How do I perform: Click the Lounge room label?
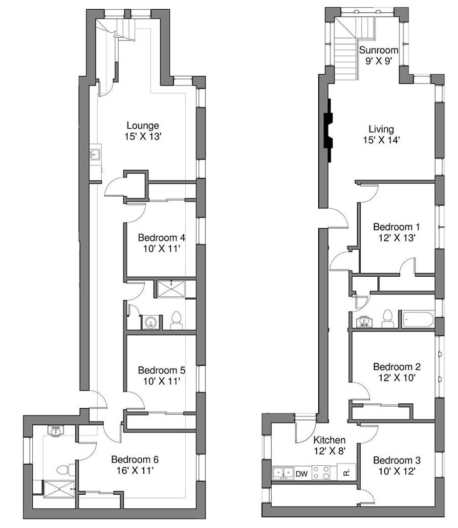(x=143, y=126)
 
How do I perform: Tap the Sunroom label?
(x=378, y=50)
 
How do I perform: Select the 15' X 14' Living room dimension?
(x=381, y=140)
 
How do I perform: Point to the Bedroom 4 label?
(x=162, y=238)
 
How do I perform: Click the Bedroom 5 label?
(x=162, y=371)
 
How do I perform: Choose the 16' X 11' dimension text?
(x=135, y=470)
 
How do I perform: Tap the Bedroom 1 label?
(x=397, y=227)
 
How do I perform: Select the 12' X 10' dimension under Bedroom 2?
(x=397, y=377)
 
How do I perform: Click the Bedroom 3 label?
(x=397, y=461)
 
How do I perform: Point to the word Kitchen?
(x=329, y=440)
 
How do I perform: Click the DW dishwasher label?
(x=302, y=474)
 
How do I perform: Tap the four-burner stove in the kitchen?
(x=321, y=472)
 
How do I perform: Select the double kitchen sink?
(x=283, y=472)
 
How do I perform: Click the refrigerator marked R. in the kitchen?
(x=347, y=472)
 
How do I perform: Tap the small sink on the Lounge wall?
(x=95, y=154)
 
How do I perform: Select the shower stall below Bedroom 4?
(x=171, y=289)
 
